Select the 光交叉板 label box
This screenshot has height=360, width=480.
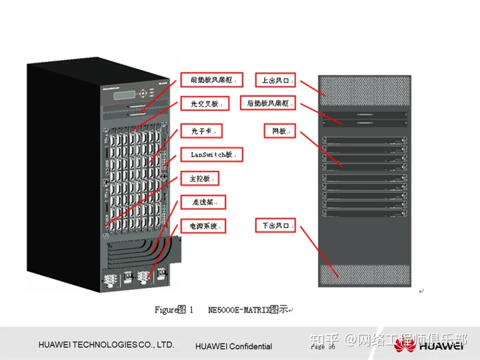click(204, 104)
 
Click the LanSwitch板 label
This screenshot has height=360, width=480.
click(211, 155)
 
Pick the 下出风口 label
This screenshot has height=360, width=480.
click(275, 227)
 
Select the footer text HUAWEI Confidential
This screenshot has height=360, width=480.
click(233, 346)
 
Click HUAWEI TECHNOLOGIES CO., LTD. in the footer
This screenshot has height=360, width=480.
click(106, 345)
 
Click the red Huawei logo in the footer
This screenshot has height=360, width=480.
click(405, 345)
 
